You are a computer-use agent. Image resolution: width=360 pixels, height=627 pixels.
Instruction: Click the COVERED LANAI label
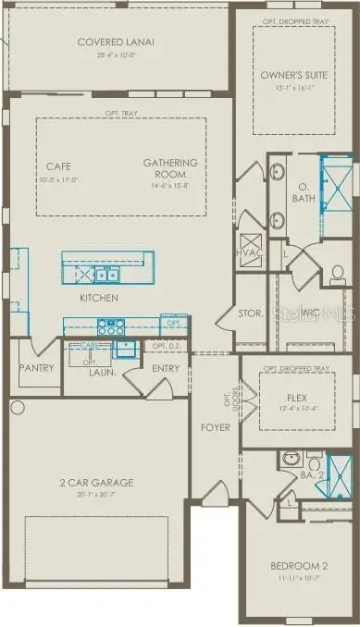(116, 42)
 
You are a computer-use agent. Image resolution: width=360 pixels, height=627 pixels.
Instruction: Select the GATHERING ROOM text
(164, 168)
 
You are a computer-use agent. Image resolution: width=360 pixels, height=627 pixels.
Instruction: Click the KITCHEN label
(98, 298)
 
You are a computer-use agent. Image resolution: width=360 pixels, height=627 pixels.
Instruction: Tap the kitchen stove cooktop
(111, 326)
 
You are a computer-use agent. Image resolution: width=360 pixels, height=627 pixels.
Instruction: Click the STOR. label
(250, 314)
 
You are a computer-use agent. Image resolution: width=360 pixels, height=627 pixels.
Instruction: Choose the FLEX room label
(296, 397)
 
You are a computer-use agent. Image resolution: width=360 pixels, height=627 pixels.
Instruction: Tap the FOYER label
(216, 427)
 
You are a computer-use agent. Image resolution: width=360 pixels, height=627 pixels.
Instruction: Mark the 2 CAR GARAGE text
(97, 483)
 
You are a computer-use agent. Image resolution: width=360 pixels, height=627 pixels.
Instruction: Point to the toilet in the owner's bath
(338, 274)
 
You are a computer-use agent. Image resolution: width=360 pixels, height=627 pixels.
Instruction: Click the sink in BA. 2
(290, 459)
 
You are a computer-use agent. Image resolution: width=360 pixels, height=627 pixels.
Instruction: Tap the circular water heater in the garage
(17, 407)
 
